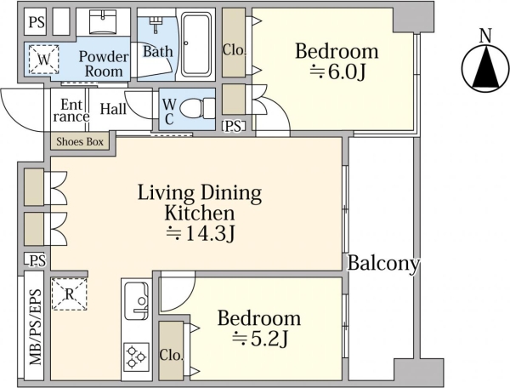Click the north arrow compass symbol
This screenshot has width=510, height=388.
point(485,68)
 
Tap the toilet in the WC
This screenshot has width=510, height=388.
point(196,109)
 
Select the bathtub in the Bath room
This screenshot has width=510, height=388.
point(195,44)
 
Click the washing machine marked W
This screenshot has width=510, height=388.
point(43,60)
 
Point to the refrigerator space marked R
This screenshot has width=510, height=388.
point(70,294)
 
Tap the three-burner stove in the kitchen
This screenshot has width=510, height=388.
point(136,357)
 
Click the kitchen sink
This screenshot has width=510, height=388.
point(137,301)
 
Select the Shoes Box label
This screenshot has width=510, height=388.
point(80,142)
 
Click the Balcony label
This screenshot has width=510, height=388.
point(384,263)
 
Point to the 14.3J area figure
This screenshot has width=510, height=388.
point(201,233)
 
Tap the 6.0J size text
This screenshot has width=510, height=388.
point(337,72)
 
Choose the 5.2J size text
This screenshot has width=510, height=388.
point(260,339)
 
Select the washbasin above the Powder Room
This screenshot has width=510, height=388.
point(103,22)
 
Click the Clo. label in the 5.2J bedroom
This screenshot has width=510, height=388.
point(171,355)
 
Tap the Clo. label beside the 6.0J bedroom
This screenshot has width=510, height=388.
point(235,50)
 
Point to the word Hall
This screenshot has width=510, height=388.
point(113,109)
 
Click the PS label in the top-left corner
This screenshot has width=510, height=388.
point(37,22)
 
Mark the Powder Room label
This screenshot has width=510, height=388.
point(104,64)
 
